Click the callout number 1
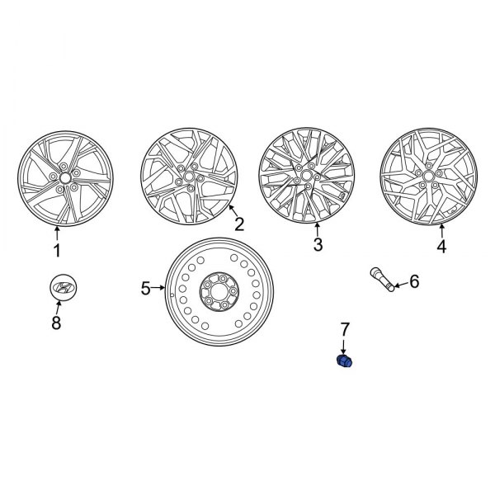57,251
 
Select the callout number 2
239,224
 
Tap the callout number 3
318,245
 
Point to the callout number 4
441,247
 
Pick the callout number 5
145,288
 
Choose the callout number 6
414,282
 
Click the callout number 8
57,324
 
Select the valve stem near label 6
381,278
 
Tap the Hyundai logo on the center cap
62,287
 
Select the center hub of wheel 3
306,177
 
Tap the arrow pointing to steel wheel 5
158,288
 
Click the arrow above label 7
344,346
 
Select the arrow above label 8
58,308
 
